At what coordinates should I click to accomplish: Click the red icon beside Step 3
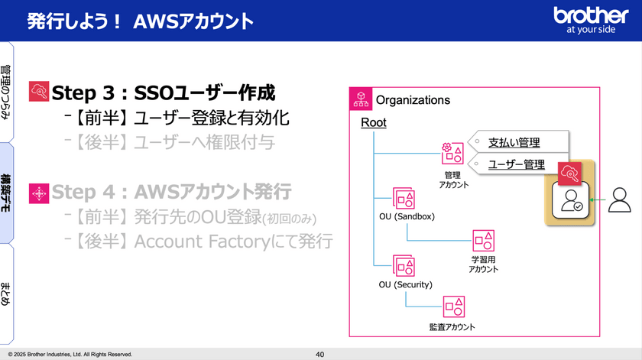click(38, 93)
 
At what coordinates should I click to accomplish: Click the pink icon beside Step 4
click(38, 194)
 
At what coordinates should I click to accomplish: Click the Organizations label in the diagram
click(413, 100)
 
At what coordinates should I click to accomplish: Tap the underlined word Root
click(374, 122)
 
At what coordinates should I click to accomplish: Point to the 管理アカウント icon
click(452, 153)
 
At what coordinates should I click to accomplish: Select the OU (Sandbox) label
click(407, 216)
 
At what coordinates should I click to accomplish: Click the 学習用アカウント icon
click(483, 241)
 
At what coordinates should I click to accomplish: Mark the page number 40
click(320, 355)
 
